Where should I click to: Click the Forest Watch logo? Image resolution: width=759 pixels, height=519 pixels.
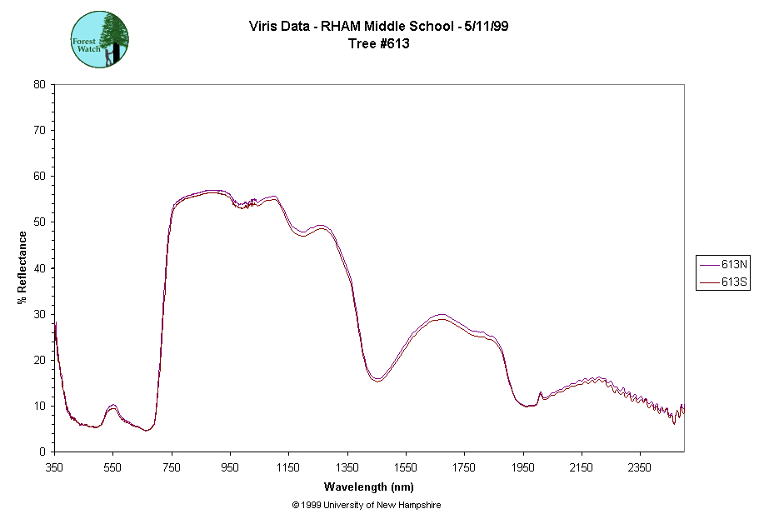[99, 39]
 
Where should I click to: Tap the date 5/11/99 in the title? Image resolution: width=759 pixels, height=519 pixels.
[487, 26]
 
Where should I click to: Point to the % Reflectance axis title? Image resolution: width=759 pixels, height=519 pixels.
[22, 267]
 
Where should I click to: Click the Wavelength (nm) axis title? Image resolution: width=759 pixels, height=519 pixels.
[368, 487]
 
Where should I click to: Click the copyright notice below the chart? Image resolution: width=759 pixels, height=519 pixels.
[367, 505]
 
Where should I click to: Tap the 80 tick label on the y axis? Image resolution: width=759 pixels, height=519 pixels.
[39, 84]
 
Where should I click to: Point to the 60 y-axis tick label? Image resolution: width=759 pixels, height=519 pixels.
[39, 176]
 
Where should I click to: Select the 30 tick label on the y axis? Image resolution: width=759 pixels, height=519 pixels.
[39, 314]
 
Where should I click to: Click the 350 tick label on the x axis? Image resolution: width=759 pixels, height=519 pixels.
[54, 467]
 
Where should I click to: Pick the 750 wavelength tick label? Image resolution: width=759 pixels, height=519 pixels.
[172, 467]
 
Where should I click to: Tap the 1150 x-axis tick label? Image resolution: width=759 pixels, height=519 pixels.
[288, 467]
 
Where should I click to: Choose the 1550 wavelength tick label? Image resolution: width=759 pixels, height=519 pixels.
[406, 467]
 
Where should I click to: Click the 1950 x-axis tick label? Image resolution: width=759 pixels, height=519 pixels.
[523, 467]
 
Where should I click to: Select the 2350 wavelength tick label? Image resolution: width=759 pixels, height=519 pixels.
[640, 467]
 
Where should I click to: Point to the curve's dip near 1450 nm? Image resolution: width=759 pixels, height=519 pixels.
[377, 379]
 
